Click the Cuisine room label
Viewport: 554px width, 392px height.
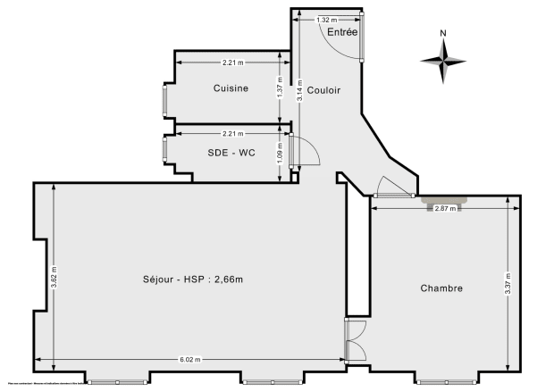coord(231,88)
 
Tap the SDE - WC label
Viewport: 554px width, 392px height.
coord(231,153)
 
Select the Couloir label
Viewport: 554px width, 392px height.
coord(323,90)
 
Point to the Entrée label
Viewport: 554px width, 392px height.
coord(342,32)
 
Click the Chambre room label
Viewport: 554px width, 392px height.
coord(441,288)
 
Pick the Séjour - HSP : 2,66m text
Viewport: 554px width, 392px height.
coord(193,279)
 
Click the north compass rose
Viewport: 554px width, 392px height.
coord(443,61)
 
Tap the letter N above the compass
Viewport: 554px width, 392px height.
coord(443,34)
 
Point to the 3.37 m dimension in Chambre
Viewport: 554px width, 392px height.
coord(508,284)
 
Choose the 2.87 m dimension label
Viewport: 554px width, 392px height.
coord(444,208)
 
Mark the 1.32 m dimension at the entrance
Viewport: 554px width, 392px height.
coord(327,19)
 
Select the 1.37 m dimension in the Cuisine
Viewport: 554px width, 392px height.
coord(280,90)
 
